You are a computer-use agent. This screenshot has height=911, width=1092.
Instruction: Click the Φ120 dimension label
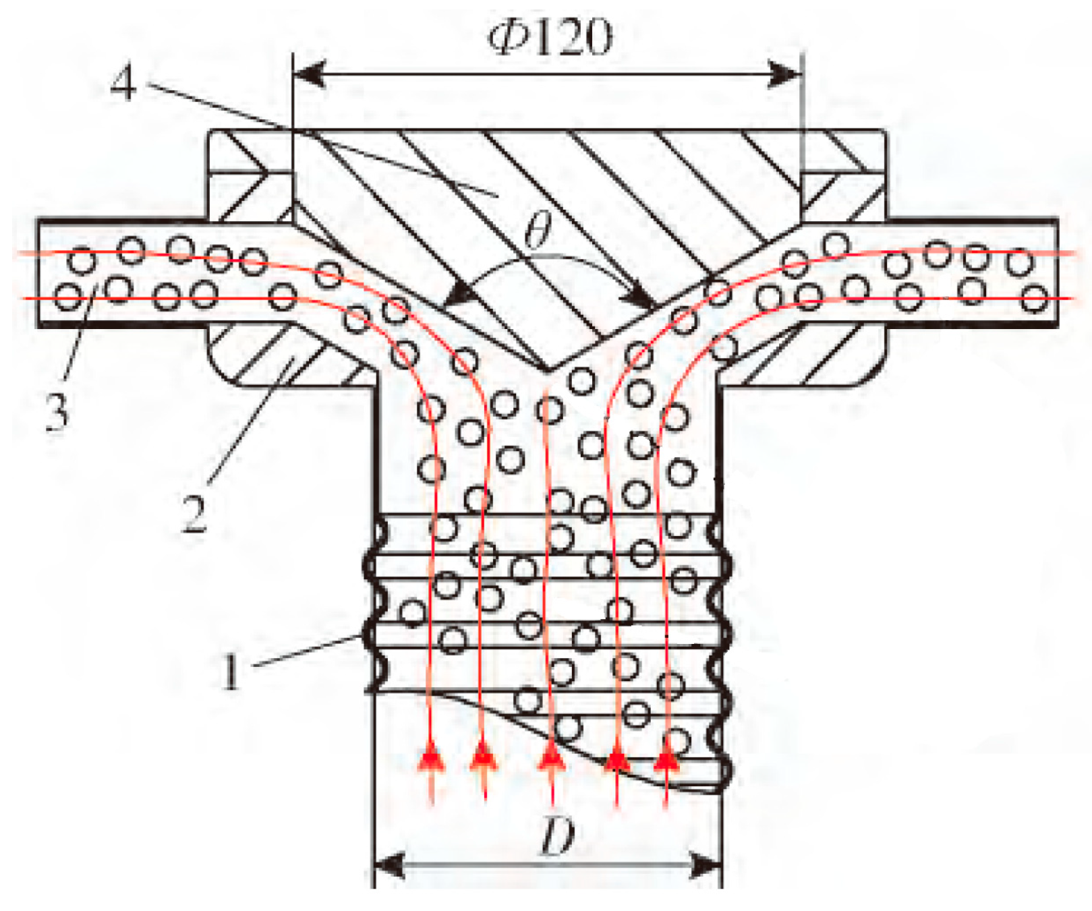(550, 38)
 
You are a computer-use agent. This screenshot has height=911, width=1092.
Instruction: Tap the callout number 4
(123, 84)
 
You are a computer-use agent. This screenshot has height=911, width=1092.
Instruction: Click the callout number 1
(231, 670)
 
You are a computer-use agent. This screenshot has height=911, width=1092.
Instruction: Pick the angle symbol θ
(538, 232)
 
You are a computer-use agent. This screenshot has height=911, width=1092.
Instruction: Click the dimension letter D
(558, 837)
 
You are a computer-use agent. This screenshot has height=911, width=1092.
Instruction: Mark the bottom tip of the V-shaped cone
(548, 370)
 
